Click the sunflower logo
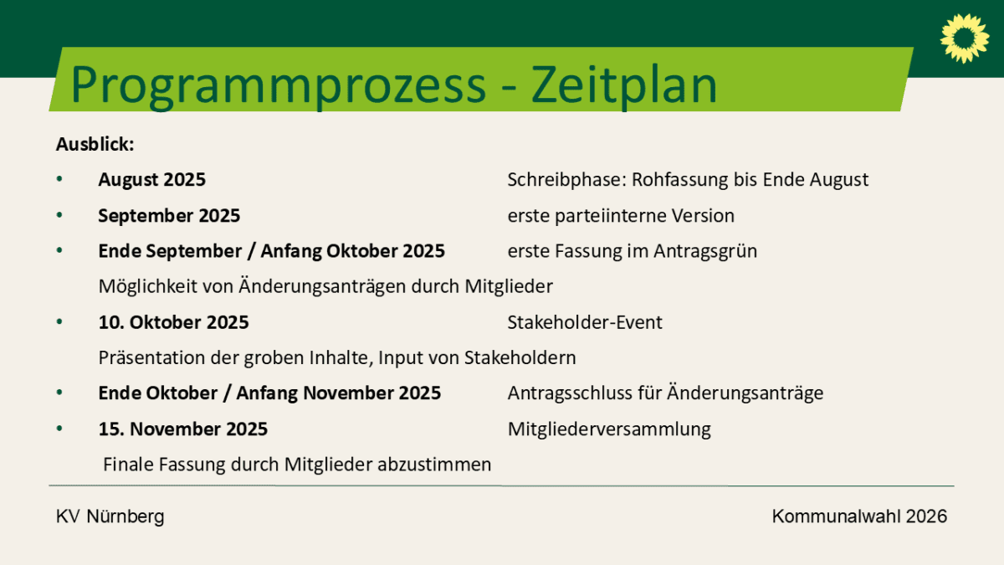tap(965, 39)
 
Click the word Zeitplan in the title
tap(624, 85)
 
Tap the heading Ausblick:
tap(95, 144)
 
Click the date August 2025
tap(152, 180)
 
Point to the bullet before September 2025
tap(59, 215)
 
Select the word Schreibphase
tap(566, 180)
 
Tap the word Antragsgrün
tap(705, 251)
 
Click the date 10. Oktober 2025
tap(173, 322)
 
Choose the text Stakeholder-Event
tap(585, 322)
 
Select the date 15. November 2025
tap(183, 429)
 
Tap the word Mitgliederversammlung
tap(610, 429)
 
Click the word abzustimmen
tap(434, 465)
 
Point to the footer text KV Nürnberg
tap(110, 516)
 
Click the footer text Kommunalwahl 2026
tap(860, 516)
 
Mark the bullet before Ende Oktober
tap(59, 393)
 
